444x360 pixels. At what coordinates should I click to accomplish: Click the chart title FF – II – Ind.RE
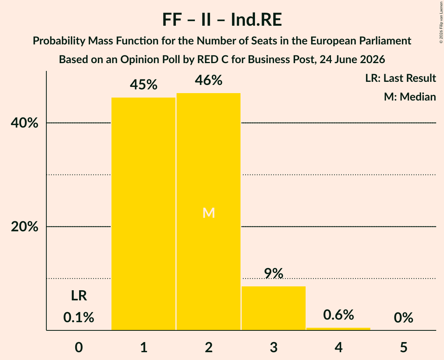click(222, 20)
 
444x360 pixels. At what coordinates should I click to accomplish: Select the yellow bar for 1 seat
click(143, 214)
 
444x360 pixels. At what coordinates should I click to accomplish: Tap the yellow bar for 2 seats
click(209, 212)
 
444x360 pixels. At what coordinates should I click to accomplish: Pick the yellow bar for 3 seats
click(274, 308)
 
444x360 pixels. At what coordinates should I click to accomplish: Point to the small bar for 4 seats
click(338, 329)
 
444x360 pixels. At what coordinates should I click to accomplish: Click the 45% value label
click(143, 85)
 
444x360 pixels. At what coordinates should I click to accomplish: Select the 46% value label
click(209, 80)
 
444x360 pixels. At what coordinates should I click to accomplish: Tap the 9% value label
click(274, 274)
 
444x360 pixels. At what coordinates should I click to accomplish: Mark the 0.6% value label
click(338, 315)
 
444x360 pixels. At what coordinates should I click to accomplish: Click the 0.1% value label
click(79, 317)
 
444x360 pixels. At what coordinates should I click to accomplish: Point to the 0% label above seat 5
click(403, 318)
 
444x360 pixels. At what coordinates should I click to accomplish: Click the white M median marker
click(209, 213)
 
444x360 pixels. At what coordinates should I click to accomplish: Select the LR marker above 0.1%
click(79, 296)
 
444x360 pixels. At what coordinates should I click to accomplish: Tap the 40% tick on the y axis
click(24, 123)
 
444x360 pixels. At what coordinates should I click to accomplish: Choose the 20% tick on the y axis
click(24, 226)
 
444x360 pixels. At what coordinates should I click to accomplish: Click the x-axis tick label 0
click(79, 347)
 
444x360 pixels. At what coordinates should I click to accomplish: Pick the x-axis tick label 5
click(403, 347)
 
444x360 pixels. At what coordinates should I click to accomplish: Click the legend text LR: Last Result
click(400, 78)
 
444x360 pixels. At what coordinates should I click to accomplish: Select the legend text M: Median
click(410, 97)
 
